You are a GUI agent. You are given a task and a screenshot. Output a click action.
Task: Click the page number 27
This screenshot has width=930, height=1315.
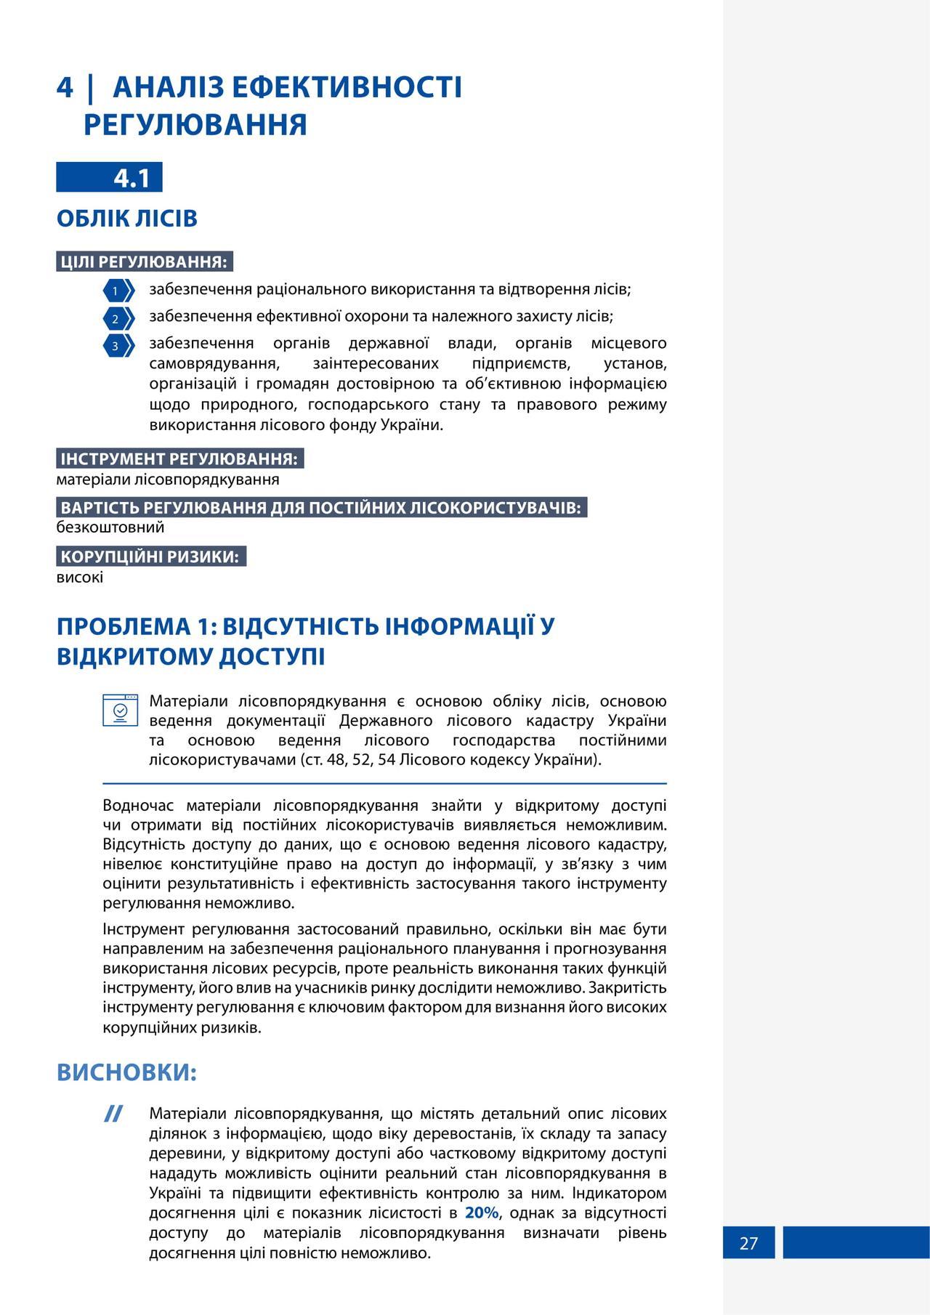click(748, 1243)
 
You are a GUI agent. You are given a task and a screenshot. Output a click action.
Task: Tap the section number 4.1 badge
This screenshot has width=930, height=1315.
click(132, 177)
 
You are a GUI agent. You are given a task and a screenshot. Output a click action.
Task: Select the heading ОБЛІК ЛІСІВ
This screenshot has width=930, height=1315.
click(127, 218)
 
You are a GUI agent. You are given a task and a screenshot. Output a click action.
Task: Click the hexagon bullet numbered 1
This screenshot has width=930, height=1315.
click(118, 291)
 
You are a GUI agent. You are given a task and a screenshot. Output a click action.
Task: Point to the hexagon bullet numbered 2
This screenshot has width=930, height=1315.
click(118, 318)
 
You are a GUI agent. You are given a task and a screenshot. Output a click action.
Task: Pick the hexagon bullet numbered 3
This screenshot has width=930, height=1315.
click(118, 345)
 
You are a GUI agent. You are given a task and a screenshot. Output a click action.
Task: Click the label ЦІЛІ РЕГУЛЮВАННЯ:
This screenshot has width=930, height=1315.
click(144, 262)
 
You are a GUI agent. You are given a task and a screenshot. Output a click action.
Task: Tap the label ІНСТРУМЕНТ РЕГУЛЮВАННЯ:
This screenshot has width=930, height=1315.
click(179, 458)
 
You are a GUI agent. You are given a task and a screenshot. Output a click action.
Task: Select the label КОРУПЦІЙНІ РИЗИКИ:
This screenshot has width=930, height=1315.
click(150, 557)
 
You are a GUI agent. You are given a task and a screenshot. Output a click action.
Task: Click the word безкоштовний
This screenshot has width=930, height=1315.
click(110, 527)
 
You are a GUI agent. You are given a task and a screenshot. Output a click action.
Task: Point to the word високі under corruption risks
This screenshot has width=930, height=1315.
click(80, 577)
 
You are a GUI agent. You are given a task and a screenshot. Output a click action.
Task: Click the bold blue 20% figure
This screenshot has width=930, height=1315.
click(482, 1213)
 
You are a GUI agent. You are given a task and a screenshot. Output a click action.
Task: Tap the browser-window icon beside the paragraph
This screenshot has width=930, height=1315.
click(121, 710)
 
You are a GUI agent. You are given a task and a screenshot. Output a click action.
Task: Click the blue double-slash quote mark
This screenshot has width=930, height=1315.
click(113, 1114)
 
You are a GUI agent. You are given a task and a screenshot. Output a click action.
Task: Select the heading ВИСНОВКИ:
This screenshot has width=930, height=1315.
click(127, 1072)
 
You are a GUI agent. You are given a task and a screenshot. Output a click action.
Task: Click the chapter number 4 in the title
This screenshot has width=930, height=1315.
click(65, 87)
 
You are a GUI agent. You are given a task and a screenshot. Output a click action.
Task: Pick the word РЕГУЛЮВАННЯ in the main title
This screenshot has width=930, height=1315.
click(195, 124)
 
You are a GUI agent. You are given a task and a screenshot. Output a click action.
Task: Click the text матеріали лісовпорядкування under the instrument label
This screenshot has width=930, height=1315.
click(168, 480)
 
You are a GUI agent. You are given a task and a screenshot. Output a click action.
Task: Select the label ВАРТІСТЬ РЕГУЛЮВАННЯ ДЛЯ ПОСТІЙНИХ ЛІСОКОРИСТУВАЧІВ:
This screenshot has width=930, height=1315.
click(321, 507)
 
